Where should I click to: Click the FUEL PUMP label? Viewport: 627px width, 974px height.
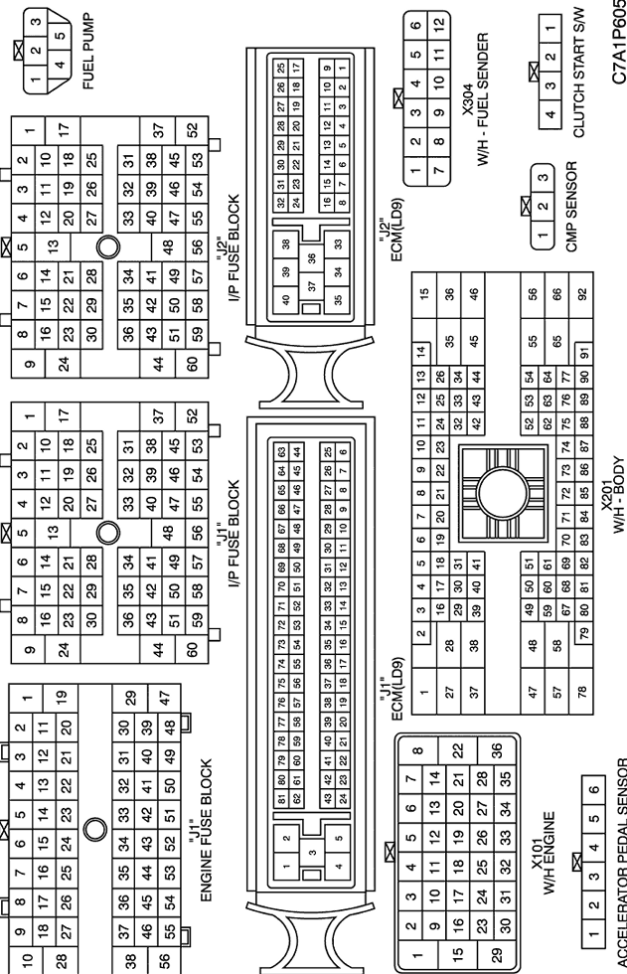click(x=88, y=51)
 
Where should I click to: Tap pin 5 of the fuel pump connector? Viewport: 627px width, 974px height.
click(x=60, y=36)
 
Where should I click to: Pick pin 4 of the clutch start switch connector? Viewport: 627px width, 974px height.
click(x=550, y=114)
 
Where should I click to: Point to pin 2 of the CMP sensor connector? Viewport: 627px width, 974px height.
click(x=544, y=207)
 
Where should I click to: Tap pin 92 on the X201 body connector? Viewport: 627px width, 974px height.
click(x=581, y=296)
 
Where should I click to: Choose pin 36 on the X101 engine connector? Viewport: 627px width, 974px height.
click(x=497, y=751)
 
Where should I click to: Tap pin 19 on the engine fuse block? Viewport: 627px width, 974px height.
click(x=61, y=698)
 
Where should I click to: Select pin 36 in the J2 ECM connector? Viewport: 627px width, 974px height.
click(x=312, y=257)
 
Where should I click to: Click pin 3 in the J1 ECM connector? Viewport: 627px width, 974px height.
click(x=312, y=853)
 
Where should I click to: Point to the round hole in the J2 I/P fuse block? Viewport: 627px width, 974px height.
click(x=108, y=247)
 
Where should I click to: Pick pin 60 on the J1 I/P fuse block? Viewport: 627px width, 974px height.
click(x=193, y=650)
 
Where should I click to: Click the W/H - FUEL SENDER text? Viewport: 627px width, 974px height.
click(x=482, y=99)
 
